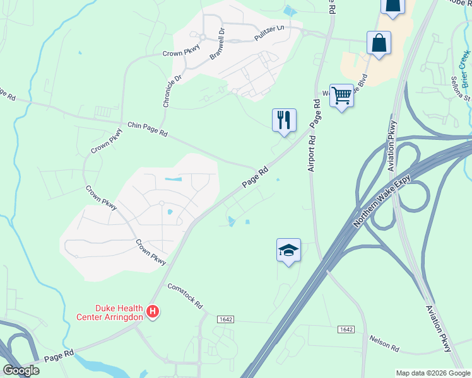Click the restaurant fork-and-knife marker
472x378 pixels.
pyautogui.click(x=283, y=119)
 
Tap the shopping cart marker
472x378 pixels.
pyautogui.click(x=341, y=96)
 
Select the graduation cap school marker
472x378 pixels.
pyautogui.click(x=288, y=250)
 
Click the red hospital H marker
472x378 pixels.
pyautogui.click(x=152, y=311)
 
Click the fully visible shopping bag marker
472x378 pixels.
pyautogui.click(x=379, y=43)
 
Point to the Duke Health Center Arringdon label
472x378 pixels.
pyautogui.click(x=110, y=312)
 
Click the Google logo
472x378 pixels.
pyautogui.click(x=21, y=370)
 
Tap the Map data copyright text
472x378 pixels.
pyautogui.click(x=432, y=372)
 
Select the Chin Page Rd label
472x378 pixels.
pyautogui.click(x=148, y=129)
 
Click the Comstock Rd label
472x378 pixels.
pyautogui.click(x=185, y=295)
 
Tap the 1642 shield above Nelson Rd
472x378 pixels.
pyautogui.click(x=346, y=329)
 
